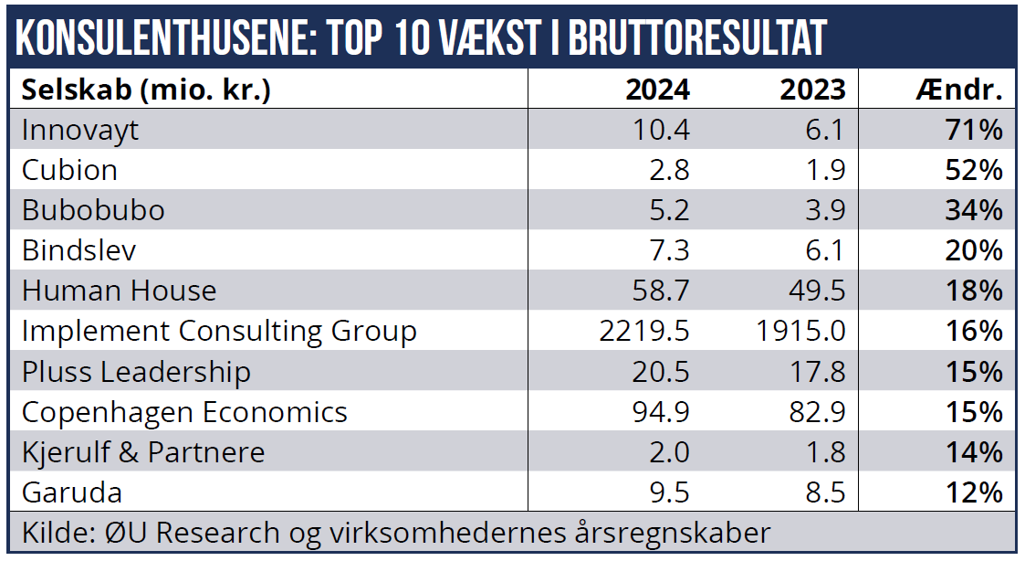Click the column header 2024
[657, 90]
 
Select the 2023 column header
[812, 90]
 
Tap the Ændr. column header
[959, 90]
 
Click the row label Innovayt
[80, 130]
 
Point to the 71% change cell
[974, 130]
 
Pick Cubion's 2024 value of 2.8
[670, 170]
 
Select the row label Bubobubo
[93, 210]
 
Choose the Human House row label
[120, 291]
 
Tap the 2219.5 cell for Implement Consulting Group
[644, 331]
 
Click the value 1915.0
[800, 331]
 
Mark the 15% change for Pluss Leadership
[974, 371]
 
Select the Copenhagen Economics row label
[184, 411]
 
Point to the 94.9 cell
[661, 411]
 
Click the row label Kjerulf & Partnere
[143, 451]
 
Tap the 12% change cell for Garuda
[974, 492]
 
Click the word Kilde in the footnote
[51, 532]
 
